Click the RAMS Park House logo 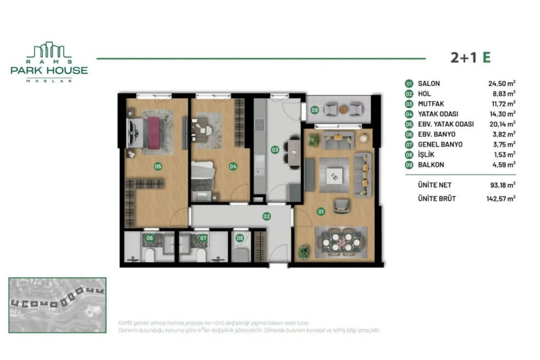pyautogui.click(x=49, y=62)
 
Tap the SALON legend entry pyautogui.click(x=429, y=83)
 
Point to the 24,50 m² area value pyautogui.click(x=502, y=83)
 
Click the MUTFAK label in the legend pyautogui.click(x=431, y=104)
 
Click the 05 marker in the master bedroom pyautogui.click(x=158, y=167)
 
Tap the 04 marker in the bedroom pyautogui.click(x=233, y=167)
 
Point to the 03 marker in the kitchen pyautogui.click(x=274, y=150)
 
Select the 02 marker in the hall pyautogui.click(x=267, y=216)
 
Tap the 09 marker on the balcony pyautogui.click(x=315, y=110)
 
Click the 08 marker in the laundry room pyautogui.click(x=240, y=238)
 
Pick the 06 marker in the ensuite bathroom pyautogui.click(x=150, y=238)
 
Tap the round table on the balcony pyautogui.click(x=343, y=109)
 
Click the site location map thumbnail pyautogui.click(x=57, y=305)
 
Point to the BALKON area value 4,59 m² pyautogui.click(x=503, y=164)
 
